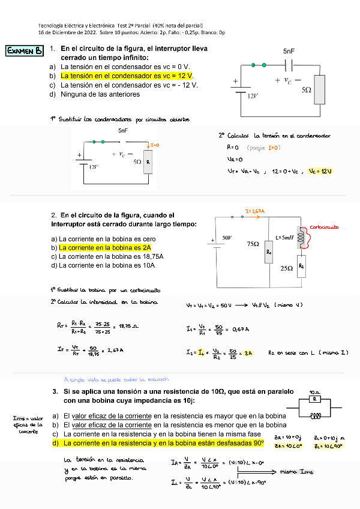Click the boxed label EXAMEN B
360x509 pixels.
click(24, 51)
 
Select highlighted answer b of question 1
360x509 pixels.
click(127, 76)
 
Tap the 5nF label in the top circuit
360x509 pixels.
click(289, 52)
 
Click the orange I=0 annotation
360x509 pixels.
click(154, 145)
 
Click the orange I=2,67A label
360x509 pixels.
click(256, 211)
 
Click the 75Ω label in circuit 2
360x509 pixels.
click(253, 244)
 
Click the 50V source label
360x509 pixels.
click(227, 238)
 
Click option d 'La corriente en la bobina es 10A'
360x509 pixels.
click(104, 265)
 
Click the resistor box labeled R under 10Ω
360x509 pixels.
click(315, 399)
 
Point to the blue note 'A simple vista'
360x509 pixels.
click(117, 379)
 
